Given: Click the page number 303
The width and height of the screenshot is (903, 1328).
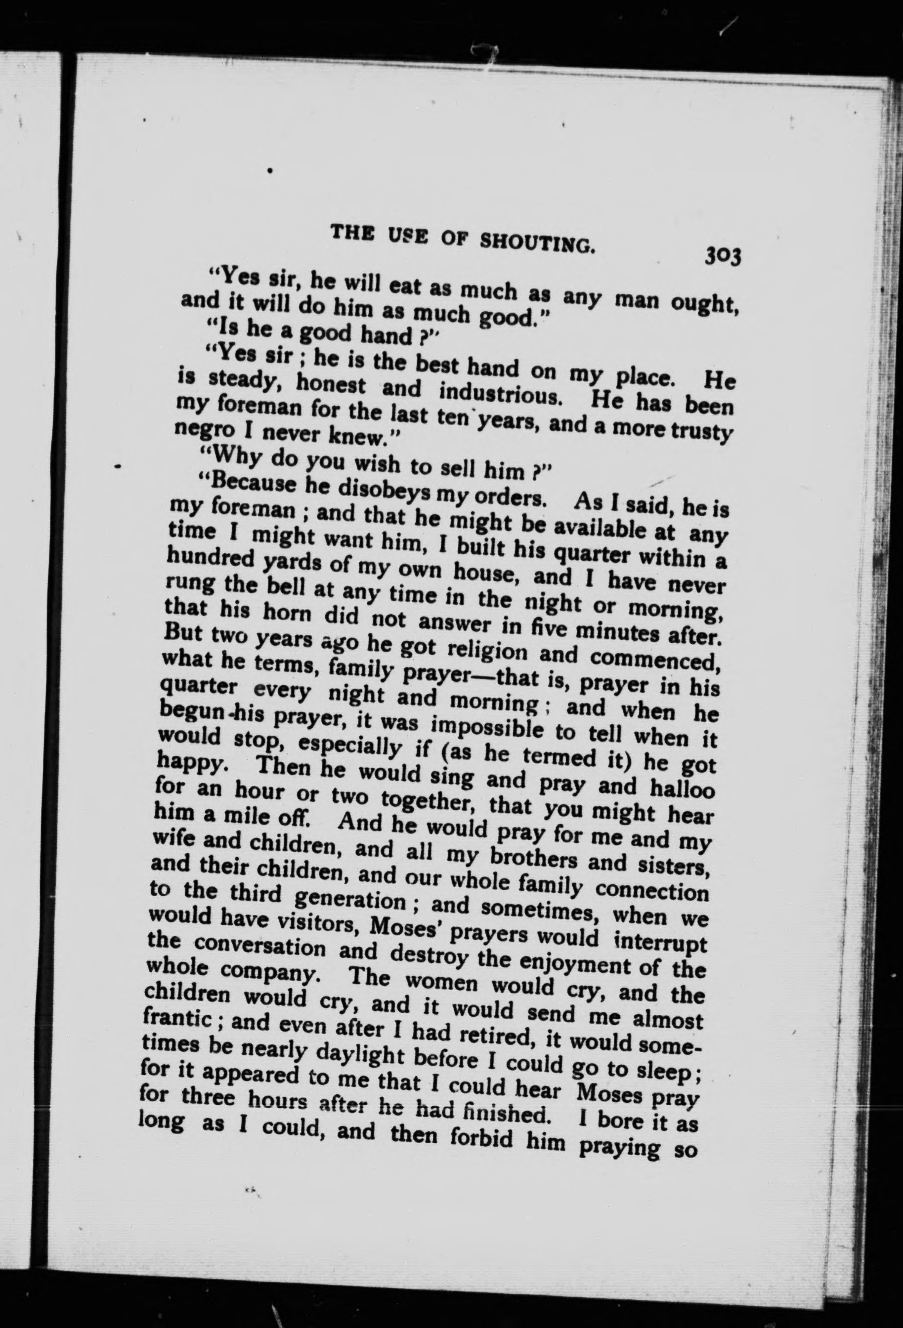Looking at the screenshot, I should point(723,255).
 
